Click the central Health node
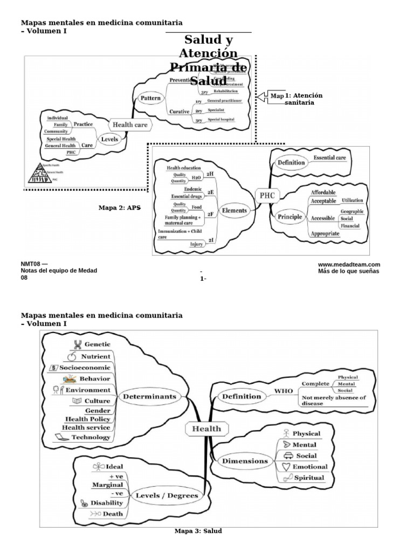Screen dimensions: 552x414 (x=204, y=429)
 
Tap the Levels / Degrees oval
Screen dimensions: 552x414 (x=166, y=495)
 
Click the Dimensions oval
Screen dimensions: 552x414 (x=245, y=461)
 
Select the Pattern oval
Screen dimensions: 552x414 (x=151, y=99)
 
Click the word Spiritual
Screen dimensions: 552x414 (x=308, y=478)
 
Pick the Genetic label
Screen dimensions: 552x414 (x=97, y=344)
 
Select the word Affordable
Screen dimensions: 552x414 (x=323, y=192)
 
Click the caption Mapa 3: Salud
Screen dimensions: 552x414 (x=198, y=531)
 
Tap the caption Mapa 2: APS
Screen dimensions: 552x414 (x=119, y=208)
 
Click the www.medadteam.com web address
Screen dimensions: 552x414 (x=349, y=264)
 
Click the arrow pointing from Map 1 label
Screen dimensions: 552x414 (x=263, y=96)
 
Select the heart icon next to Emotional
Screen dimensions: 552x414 (x=287, y=466)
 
